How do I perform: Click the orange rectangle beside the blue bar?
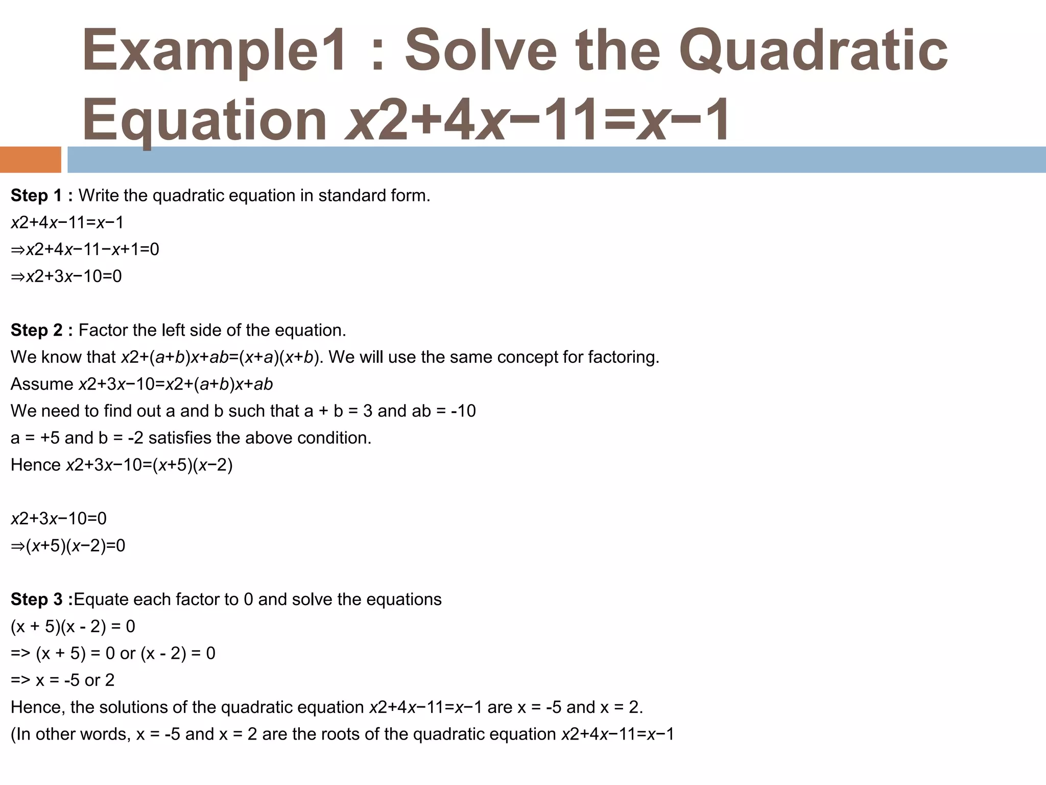click(x=30, y=159)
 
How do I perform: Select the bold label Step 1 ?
click(x=42, y=196)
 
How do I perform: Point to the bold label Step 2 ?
click(x=42, y=331)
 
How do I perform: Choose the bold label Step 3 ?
click(x=42, y=599)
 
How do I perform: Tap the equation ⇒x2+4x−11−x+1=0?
click(x=85, y=249)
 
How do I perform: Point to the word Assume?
click(x=42, y=384)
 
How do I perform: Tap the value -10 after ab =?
click(x=463, y=411)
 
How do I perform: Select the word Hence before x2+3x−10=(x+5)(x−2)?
click(x=35, y=465)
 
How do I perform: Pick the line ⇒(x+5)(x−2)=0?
click(x=68, y=546)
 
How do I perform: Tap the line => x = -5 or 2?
click(x=62, y=680)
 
